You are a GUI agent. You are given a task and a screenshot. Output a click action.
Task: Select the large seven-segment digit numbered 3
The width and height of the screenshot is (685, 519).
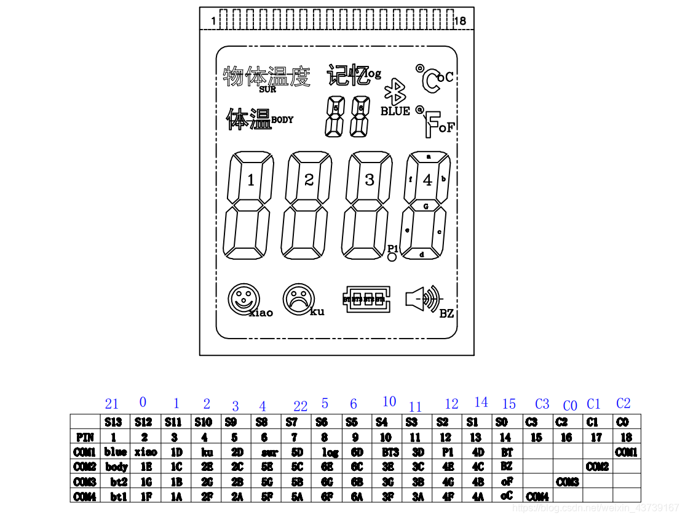(368, 206)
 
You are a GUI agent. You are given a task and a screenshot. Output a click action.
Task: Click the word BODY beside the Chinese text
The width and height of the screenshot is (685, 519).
(282, 120)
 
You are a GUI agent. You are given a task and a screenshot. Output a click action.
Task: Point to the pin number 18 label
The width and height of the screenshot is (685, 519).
(459, 21)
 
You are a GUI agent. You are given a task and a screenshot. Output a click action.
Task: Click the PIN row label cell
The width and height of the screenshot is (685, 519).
(85, 437)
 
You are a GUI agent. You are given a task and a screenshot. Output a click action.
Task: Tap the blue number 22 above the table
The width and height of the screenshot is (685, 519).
(300, 406)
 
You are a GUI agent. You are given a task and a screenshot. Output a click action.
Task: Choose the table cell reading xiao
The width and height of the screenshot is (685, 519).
(146, 452)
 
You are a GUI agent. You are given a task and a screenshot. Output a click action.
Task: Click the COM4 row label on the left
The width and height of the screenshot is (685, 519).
(85, 496)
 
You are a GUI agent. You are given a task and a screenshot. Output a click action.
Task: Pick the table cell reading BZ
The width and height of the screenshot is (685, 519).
(507, 467)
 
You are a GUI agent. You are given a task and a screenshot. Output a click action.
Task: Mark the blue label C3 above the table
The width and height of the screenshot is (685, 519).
(542, 404)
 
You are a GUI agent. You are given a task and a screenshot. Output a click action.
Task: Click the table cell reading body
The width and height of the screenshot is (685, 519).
(116, 467)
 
